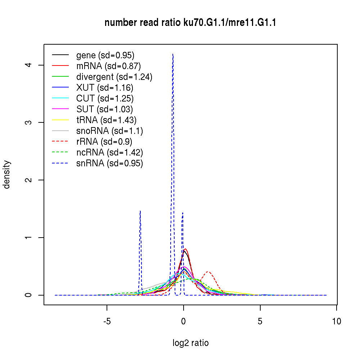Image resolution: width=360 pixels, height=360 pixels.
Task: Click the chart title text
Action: [x=190, y=23]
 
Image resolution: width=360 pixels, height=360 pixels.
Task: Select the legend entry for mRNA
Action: [x=108, y=66]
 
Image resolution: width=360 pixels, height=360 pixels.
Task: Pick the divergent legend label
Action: [x=114, y=77]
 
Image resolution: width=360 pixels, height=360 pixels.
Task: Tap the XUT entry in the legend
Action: [x=104, y=87]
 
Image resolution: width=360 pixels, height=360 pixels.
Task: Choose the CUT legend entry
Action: [x=104, y=98]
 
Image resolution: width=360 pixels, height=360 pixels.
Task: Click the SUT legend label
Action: [x=104, y=109]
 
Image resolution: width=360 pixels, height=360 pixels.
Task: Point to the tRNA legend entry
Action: [x=106, y=120]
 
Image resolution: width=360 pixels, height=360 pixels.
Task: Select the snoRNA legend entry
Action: [x=109, y=131]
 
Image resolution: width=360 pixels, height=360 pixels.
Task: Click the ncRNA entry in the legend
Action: [x=109, y=152]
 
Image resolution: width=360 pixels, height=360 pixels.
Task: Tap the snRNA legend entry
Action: [x=109, y=163]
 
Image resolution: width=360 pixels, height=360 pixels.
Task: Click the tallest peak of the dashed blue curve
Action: [x=173, y=54]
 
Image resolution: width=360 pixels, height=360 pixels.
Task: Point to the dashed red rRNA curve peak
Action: [x=208, y=271]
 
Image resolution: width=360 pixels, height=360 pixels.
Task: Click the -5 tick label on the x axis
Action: [x=107, y=321]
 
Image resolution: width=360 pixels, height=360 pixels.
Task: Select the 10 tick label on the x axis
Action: [x=337, y=321]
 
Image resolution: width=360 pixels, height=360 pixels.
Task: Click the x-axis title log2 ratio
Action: [x=190, y=343]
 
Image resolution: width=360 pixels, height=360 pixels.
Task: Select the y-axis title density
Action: [x=7, y=174]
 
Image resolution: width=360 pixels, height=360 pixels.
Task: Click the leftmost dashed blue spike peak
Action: [x=140, y=211]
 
